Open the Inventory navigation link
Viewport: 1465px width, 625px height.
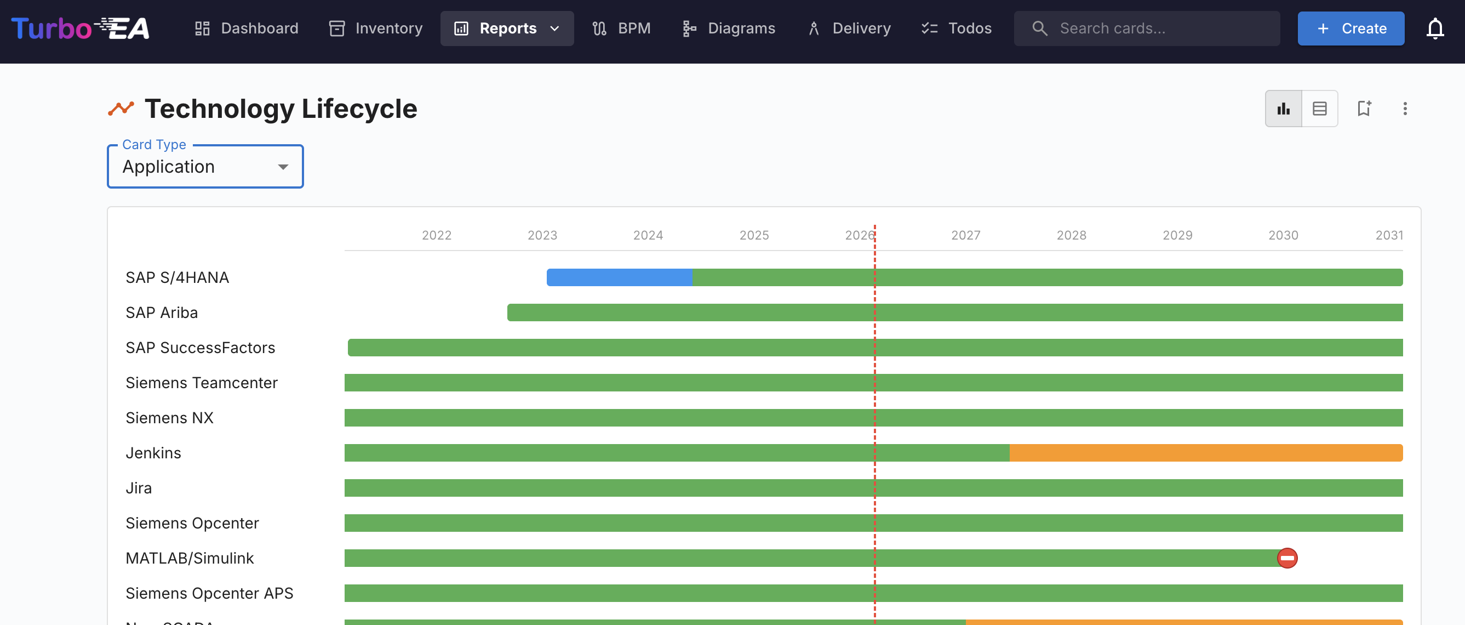375,29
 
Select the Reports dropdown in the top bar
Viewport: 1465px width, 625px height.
507,29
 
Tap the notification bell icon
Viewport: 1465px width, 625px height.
1435,29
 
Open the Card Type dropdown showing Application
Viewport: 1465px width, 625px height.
205,167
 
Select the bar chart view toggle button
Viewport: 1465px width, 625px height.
1283,109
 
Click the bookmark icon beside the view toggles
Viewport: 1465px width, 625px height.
1364,109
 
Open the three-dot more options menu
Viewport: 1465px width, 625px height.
1405,109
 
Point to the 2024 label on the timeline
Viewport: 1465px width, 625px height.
648,235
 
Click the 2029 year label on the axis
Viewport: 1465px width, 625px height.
1177,235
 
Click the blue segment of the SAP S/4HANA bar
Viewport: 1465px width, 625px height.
619,277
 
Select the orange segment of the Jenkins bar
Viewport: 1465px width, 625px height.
1206,453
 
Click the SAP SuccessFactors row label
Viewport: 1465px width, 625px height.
200,348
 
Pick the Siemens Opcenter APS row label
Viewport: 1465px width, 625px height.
209,593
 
